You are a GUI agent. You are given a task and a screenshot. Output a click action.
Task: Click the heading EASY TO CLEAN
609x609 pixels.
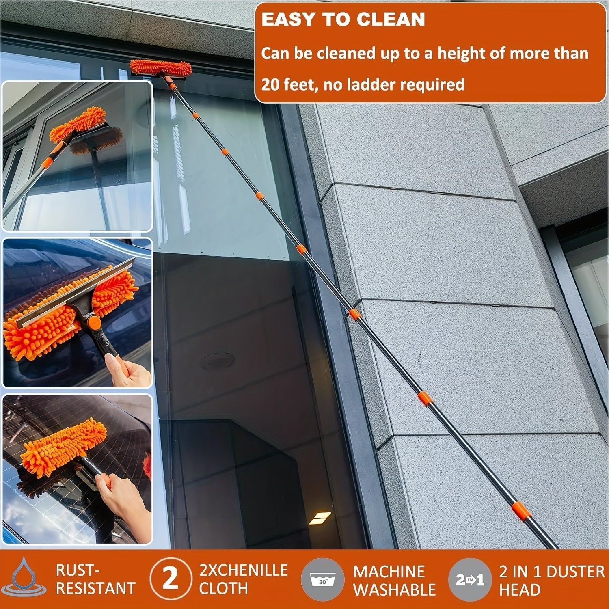(343, 20)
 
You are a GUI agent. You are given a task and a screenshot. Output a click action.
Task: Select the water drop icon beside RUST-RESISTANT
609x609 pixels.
(23, 579)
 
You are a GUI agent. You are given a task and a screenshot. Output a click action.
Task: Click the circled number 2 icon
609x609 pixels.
(171, 579)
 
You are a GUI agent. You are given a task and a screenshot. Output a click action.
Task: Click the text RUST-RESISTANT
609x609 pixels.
(95, 579)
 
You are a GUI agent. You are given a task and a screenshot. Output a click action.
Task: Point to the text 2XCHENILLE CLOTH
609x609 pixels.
(243, 579)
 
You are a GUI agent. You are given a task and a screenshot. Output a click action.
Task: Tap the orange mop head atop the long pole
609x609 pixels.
(161, 67)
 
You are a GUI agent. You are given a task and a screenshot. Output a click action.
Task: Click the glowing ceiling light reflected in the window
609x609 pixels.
(320, 518)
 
